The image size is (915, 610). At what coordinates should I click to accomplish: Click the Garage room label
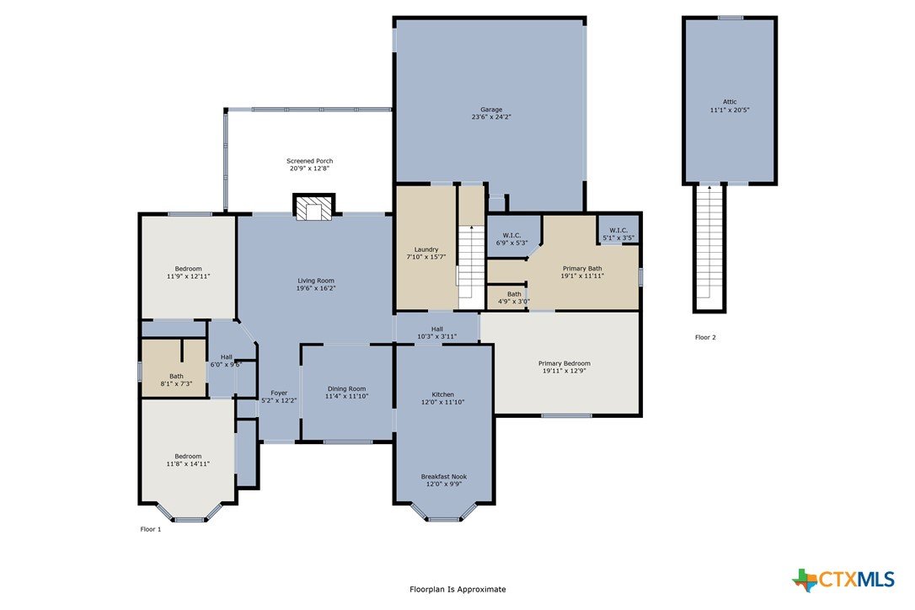pyautogui.click(x=491, y=110)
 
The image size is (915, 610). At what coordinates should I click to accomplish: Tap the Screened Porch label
pyautogui.click(x=310, y=161)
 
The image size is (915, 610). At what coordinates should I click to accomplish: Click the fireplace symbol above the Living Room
pyautogui.click(x=314, y=206)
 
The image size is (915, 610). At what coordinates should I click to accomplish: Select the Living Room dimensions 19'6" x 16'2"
pyautogui.click(x=316, y=288)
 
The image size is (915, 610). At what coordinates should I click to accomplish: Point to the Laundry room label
pyautogui.click(x=426, y=249)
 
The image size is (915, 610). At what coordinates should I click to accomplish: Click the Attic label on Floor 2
pyautogui.click(x=730, y=102)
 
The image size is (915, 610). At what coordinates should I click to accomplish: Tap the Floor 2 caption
pyautogui.click(x=705, y=337)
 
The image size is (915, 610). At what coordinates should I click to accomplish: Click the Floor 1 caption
pyautogui.click(x=151, y=529)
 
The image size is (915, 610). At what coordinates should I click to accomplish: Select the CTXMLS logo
pyautogui.click(x=843, y=580)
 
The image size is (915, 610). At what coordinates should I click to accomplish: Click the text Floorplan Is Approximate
pyautogui.click(x=457, y=589)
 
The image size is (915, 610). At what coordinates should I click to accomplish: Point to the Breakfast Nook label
pyautogui.click(x=443, y=476)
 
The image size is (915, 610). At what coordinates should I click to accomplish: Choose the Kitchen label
pyautogui.click(x=443, y=394)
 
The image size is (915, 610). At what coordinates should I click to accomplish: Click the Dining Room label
pyautogui.click(x=346, y=388)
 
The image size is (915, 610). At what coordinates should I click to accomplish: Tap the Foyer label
pyautogui.click(x=279, y=393)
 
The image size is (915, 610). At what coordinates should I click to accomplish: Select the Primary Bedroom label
pyautogui.click(x=565, y=363)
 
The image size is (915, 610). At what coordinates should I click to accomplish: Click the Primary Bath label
pyautogui.click(x=582, y=269)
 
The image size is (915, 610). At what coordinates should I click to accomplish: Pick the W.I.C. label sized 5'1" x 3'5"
pyautogui.click(x=618, y=234)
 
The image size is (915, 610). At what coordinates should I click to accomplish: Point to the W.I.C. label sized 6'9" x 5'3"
pyautogui.click(x=511, y=238)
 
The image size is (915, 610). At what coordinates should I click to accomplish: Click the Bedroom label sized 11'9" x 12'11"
pyautogui.click(x=188, y=273)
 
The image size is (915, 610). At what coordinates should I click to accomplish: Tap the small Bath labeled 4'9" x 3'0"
pyautogui.click(x=514, y=297)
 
